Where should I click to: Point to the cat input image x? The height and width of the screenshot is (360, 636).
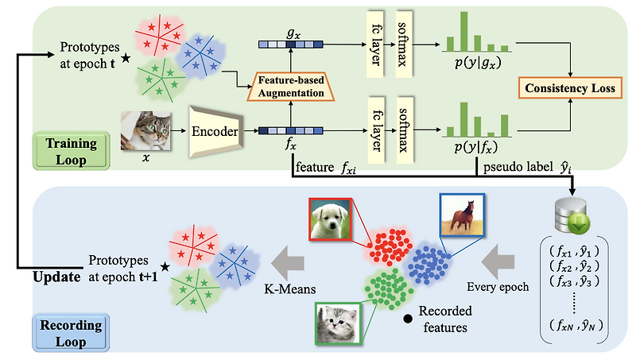(x=146, y=131)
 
